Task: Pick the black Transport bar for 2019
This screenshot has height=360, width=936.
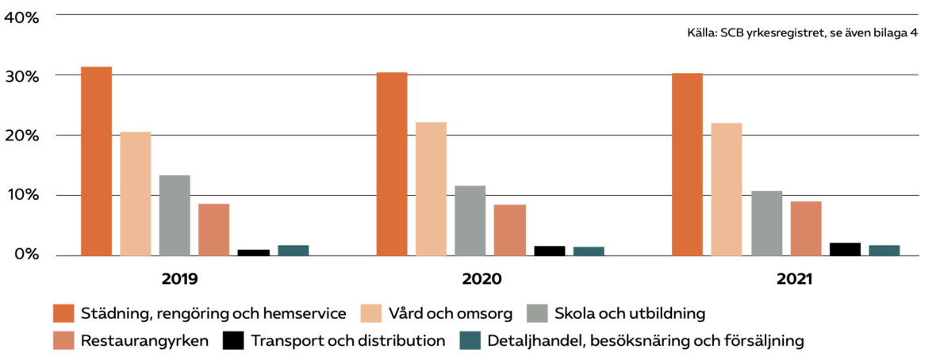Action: [x=253, y=252]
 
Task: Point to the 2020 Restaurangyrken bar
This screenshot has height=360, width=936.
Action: [x=509, y=230]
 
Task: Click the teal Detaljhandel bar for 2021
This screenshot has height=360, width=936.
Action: [x=884, y=250]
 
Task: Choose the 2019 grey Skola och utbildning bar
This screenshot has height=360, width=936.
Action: [x=175, y=215]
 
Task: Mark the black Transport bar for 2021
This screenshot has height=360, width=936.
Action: [x=845, y=249]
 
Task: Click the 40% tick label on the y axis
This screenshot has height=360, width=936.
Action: [x=22, y=17]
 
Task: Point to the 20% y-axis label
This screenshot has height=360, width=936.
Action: [x=22, y=136]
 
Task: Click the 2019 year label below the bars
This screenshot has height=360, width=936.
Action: [x=179, y=280]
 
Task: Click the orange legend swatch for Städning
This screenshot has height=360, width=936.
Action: [x=63, y=312]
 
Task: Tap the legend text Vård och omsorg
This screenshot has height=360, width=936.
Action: [x=452, y=313]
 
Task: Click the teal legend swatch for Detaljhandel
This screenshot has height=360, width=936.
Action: [x=470, y=341]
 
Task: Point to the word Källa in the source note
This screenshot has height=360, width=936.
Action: [x=702, y=33]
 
